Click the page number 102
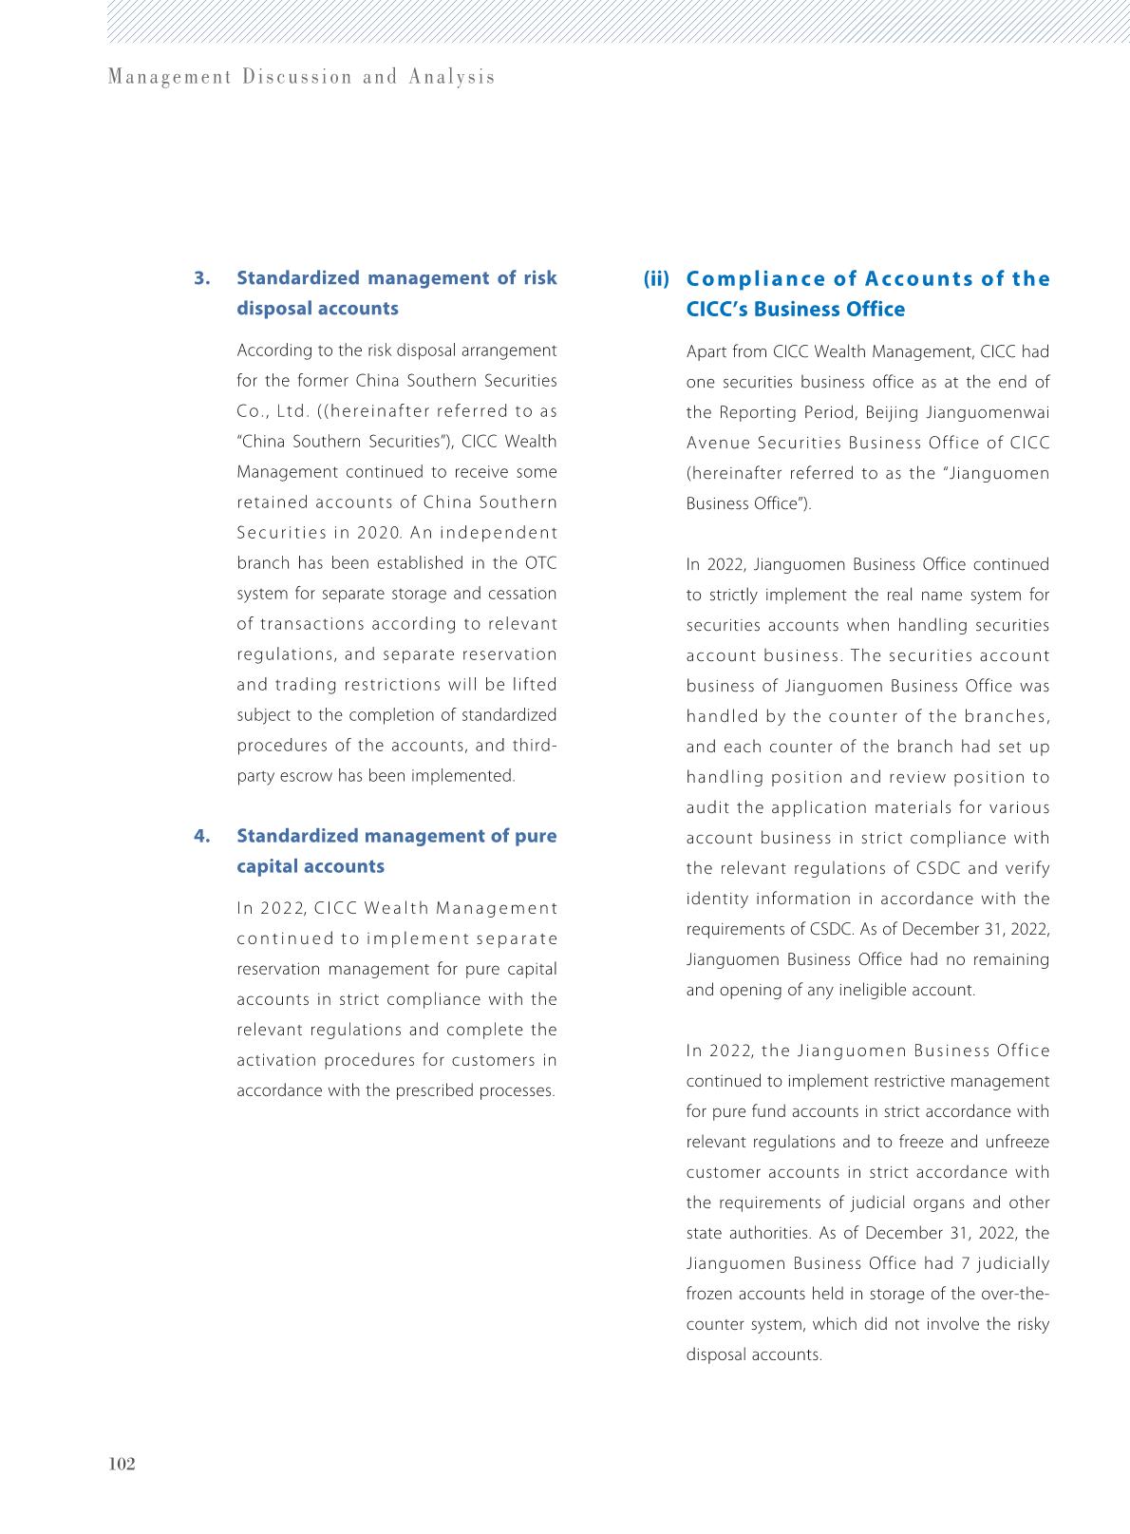pos(122,1464)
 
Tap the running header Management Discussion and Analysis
pos(301,77)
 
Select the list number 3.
pos(201,278)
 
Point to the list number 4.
pos(201,836)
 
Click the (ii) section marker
pos(656,279)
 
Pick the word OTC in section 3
pos(540,563)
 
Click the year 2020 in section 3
pos(380,533)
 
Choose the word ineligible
pos(858,990)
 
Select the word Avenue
pos(717,443)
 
